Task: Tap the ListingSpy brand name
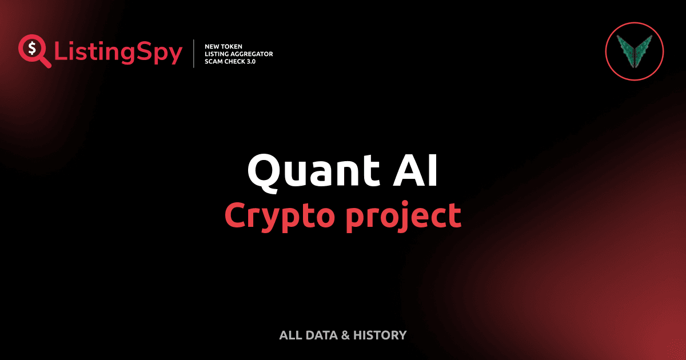[118, 53]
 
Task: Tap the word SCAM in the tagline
[214, 61]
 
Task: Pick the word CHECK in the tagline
[235, 61]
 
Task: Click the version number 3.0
[251, 61]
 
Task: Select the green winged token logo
[634, 50]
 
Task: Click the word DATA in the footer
[320, 335]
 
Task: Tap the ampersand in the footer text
[345, 335]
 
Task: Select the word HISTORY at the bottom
[380, 335]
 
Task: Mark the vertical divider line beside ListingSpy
[194, 53]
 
